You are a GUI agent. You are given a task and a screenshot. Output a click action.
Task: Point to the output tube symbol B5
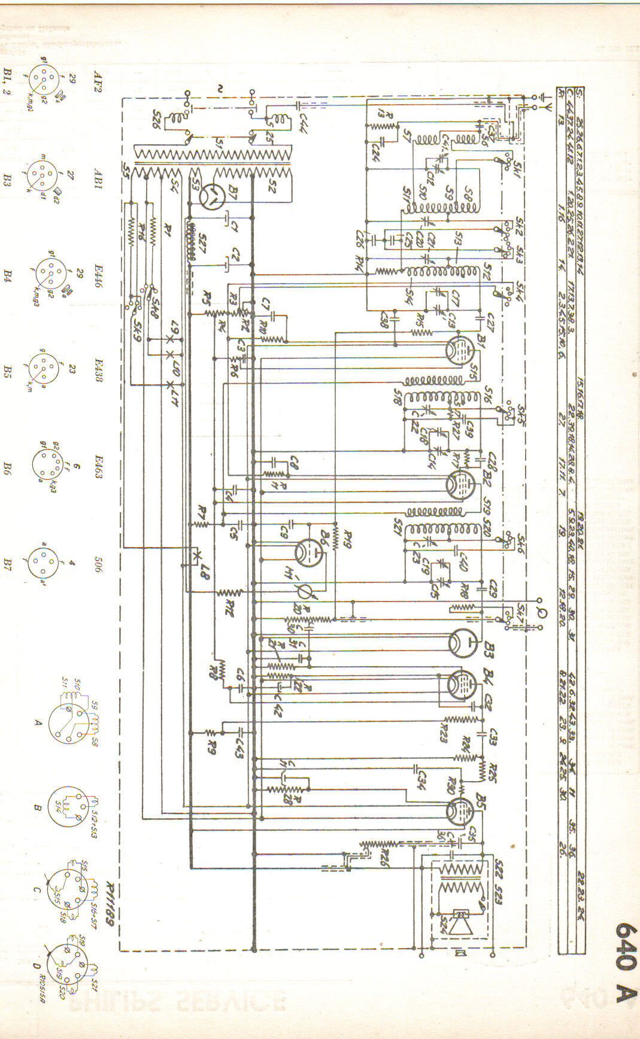460,810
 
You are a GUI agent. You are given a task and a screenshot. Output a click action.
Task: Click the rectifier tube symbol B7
211,197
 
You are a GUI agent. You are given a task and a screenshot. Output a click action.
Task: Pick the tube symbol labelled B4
460,685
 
